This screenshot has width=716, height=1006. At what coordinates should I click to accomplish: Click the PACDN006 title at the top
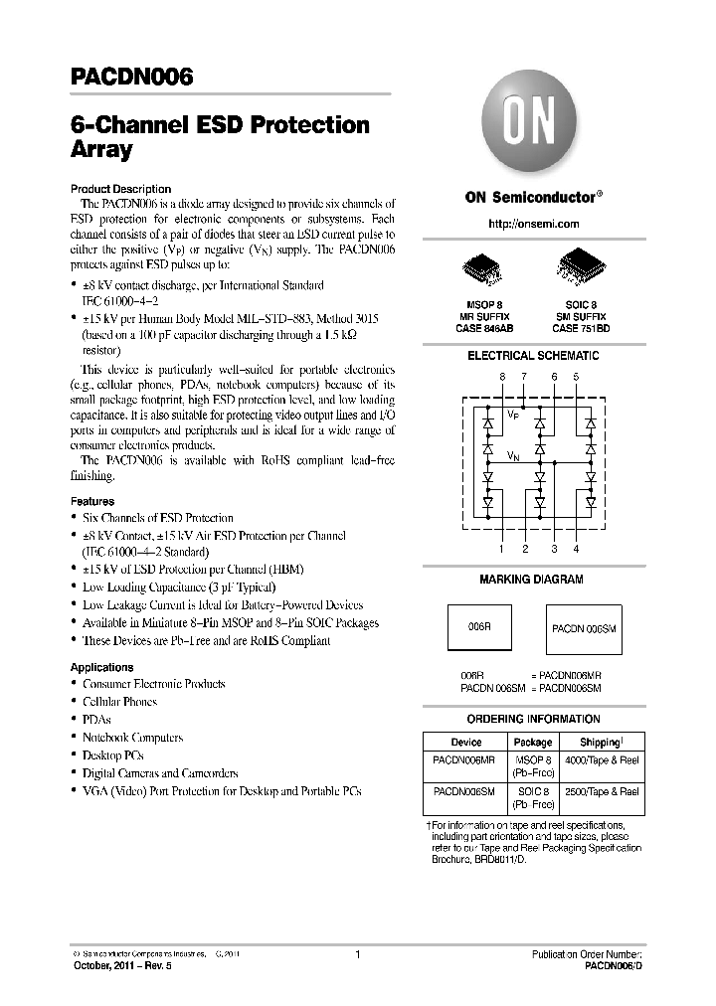(x=131, y=77)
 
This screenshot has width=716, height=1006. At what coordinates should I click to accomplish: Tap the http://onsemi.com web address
(x=534, y=225)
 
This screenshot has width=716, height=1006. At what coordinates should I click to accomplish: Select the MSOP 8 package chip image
(x=483, y=266)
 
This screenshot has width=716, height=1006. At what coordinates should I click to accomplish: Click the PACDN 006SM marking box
(x=586, y=630)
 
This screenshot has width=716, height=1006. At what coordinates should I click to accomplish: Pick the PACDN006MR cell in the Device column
(x=465, y=759)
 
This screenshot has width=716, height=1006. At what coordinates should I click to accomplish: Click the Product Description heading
(x=120, y=189)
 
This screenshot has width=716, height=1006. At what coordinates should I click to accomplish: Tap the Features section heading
(x=92, y=501)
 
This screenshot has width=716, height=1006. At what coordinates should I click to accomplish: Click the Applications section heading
(x=101, y=667)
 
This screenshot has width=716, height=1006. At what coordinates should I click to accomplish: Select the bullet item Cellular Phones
(x=119, y=702)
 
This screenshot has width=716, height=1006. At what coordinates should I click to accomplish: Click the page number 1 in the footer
(x=357, y=954)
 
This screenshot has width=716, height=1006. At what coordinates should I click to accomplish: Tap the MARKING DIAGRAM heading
(x=533, y=579)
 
